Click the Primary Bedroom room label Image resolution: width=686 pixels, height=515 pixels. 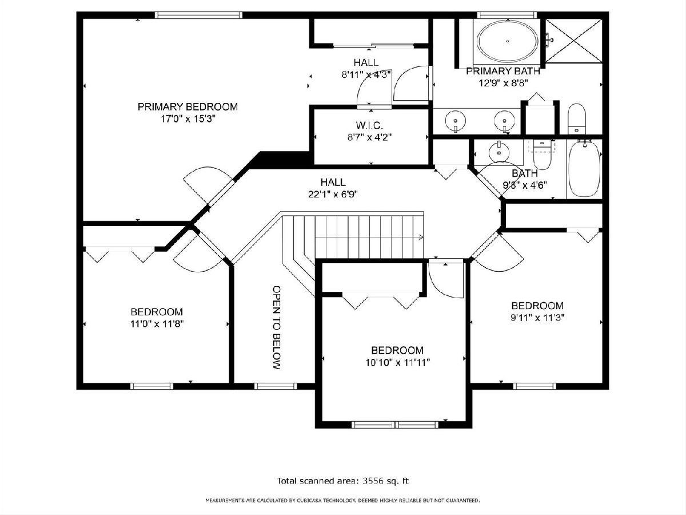pyautogui.click(x=188, y=107)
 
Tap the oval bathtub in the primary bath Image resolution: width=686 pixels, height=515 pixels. pyautogui.click(x=508, y=41)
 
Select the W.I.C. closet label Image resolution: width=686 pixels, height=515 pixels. pyautogui.click(x=369, y=125)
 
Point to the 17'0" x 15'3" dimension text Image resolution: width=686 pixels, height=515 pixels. pyautogui.click(x=188, y=119)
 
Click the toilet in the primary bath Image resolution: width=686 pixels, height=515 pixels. pyautogui.click(x=577, y=119)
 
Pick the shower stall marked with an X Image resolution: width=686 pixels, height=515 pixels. pyautogui.click(x=574, y=41)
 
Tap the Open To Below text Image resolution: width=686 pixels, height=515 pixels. pyautogui.click(x=277, y=327)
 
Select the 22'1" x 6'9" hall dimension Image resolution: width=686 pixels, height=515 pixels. pyautogui.click(x=333, y=195)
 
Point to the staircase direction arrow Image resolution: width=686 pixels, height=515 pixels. pyautogui.click(x=421, y=237)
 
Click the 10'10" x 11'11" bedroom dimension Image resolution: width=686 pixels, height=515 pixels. pyautogui.click(x=397, y=363)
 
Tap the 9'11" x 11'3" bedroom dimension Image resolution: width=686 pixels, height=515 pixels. pyautogui.click(x=537, y=318)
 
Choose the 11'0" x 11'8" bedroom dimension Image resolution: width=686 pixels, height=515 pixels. pyautogui.click(x=157, y=324)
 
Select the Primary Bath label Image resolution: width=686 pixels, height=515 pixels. pyautogui.click(x=503, y=72)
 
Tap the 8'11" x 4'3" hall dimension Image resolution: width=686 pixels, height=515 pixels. pyautogui.click(x=366, y=75)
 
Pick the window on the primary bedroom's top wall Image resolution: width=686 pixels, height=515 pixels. pyautogui.click(x=198, y=15)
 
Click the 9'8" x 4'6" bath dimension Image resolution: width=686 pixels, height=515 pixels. pyautogui.click(x=525, y=185)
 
